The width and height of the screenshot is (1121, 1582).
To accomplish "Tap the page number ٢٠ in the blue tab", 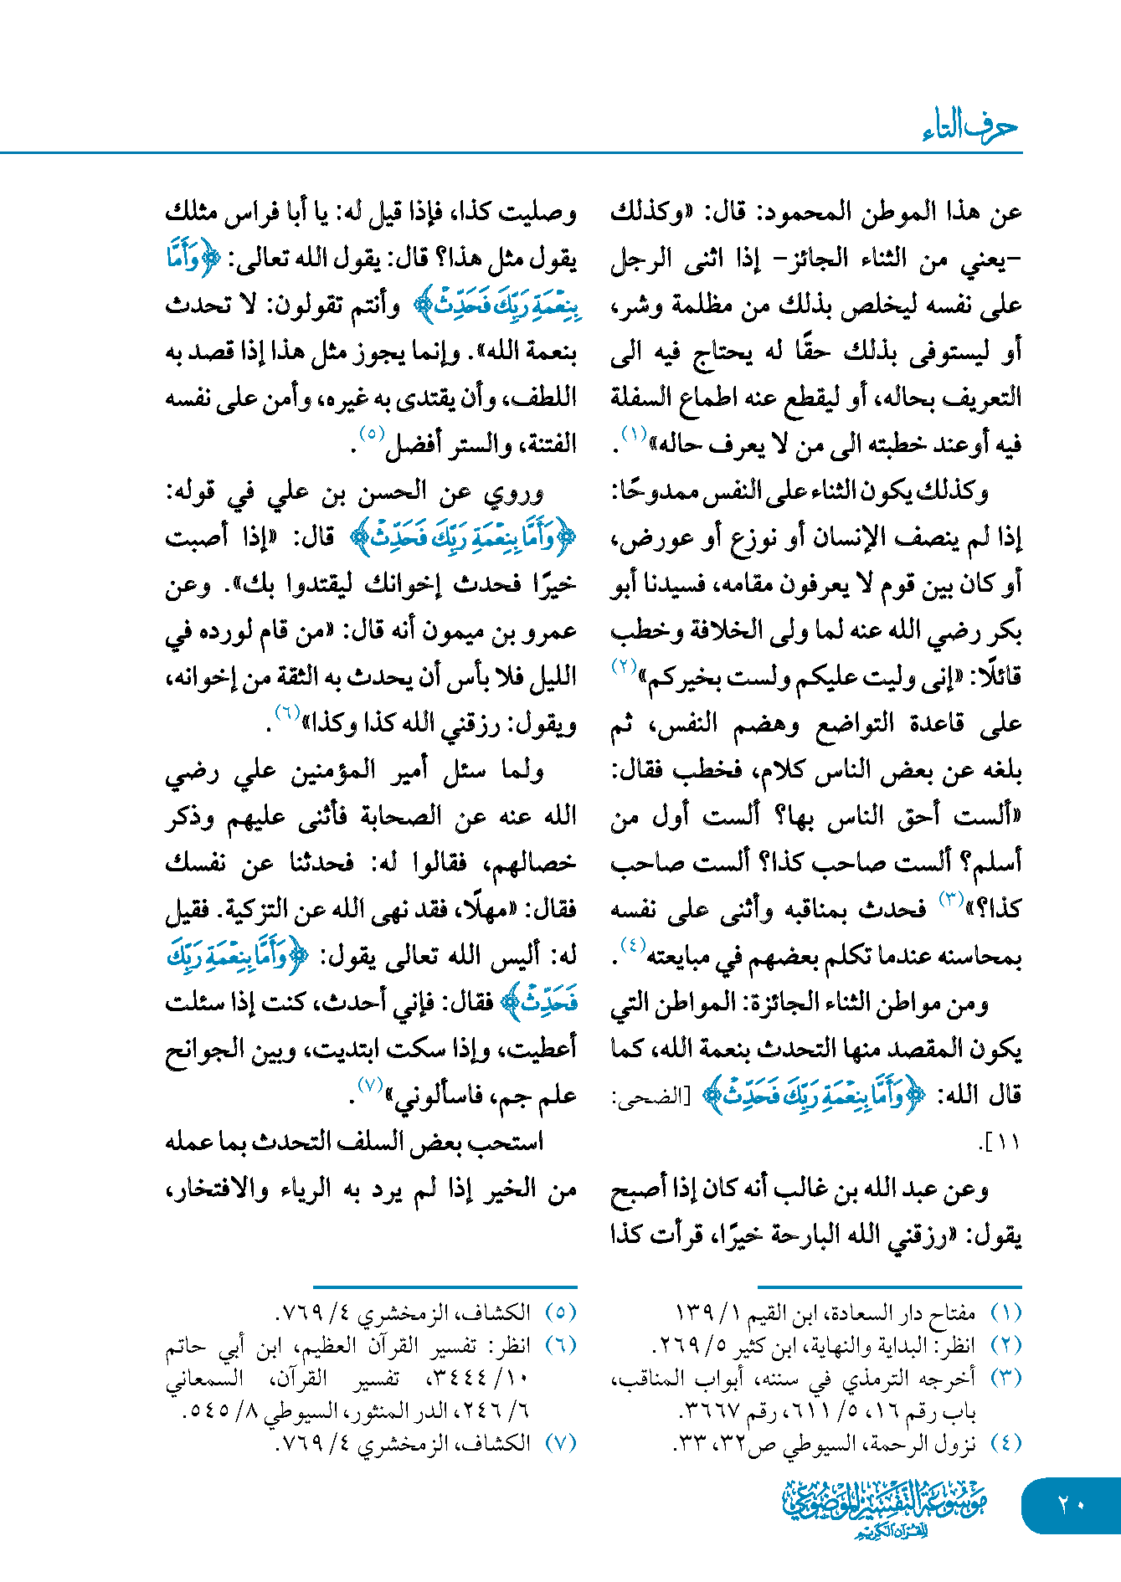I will click(x=1071, y=1505).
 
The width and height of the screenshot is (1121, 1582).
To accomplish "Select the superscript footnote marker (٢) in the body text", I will click(x=624, y=667).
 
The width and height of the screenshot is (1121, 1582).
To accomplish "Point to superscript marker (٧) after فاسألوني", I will click(x=370, y=1086).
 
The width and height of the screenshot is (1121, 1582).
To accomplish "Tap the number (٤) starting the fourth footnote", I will click(x=1005, y=1443).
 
